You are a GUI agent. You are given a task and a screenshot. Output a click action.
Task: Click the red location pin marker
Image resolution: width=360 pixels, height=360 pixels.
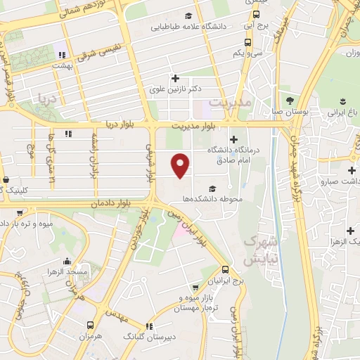(x=181, y=165)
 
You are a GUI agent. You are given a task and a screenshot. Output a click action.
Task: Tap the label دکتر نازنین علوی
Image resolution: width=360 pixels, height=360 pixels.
(x=176, y=89)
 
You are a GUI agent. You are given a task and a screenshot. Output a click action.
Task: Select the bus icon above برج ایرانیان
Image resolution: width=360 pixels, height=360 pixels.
(x=224, y=269)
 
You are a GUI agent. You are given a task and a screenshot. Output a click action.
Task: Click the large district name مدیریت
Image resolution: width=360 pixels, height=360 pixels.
(x=230, y=103)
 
